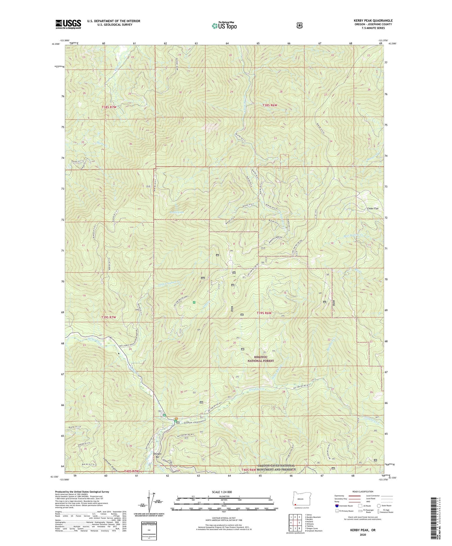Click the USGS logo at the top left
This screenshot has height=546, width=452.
coord(68,24)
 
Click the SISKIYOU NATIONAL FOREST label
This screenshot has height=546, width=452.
coord(261,359)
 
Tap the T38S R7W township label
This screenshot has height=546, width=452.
coord(109,107)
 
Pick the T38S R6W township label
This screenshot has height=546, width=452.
coord(270,106)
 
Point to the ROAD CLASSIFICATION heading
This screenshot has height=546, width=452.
coord(362,492)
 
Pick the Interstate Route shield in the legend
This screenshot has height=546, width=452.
coord(337,505)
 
